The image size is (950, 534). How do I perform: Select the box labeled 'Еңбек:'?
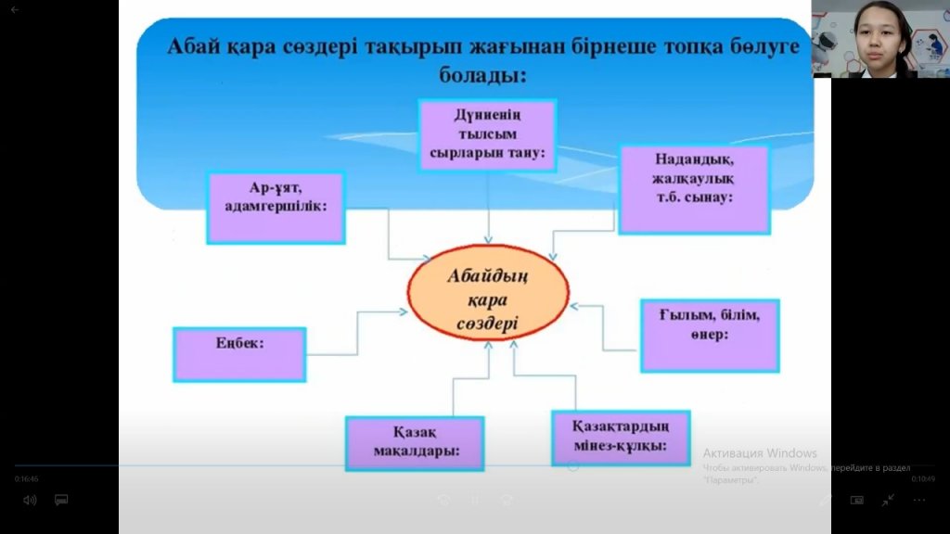[x=239, y=353]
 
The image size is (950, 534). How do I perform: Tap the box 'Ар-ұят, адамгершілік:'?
[x=276, y=207]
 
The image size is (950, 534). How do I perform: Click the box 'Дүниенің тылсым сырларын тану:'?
[x=487, y=135]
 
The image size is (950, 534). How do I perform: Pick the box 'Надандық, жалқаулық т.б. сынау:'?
[x=694, y=188]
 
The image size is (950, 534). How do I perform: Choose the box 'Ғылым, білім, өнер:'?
[x=710, y=335]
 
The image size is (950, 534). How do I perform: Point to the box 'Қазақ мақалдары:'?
[x=415, y=443]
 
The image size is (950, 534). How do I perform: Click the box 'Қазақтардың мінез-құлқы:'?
[x=621, y=438]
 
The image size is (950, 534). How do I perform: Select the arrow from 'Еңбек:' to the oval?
[x=356, y=333]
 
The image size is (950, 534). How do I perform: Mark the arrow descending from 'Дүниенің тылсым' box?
[x=488, y=213]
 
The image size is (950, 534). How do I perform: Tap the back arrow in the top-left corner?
[x=14, y=9]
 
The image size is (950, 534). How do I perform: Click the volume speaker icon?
[x=30, y=500]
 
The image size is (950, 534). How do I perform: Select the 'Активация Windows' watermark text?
[x=759, y=453]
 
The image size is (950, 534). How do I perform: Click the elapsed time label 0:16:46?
[x=26, y=479]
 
